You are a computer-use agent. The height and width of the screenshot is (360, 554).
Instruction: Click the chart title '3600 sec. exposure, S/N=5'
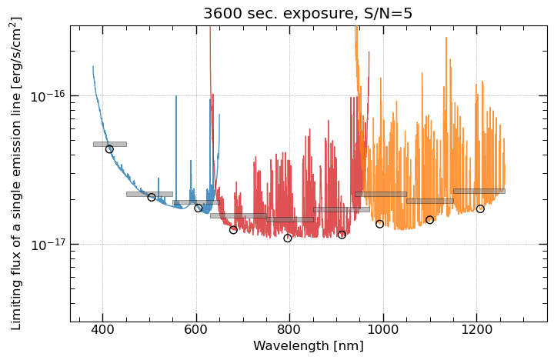[309, 13]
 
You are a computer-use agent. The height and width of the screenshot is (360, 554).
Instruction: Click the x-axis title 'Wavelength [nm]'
[309, 346]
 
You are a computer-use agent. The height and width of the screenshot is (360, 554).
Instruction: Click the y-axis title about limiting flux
[15, 174]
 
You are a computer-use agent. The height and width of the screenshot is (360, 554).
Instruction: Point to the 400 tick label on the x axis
[102, 331]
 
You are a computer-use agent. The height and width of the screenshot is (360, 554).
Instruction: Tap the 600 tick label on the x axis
[196, 331]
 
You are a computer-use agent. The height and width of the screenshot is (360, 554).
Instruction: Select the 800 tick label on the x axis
[289, 331]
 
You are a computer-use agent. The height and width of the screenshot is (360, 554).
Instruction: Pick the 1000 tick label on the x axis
[383, 331]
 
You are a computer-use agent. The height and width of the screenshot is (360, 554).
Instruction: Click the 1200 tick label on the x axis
[476, 331]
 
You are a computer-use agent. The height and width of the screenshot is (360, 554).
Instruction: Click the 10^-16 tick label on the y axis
[48, 95]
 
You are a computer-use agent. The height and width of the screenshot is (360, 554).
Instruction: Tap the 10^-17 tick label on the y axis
[48, 245]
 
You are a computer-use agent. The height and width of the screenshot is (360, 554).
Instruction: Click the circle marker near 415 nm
[109, 149]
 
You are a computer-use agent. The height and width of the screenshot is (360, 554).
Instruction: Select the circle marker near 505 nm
[152, 198]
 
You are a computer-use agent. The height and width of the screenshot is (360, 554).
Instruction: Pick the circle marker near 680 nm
[233, 230]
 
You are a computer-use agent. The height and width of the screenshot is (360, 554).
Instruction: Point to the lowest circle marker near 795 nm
[288, 238]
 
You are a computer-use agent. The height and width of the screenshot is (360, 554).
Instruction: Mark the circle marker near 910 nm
[342, 235]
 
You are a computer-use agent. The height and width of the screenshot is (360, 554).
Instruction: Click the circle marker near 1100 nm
[429, 220]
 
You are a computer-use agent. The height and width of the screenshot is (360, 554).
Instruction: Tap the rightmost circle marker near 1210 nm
[480, 209]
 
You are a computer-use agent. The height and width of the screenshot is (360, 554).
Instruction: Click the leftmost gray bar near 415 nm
[110, 144]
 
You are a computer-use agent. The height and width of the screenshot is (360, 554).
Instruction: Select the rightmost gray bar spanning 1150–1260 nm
[479, 191]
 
